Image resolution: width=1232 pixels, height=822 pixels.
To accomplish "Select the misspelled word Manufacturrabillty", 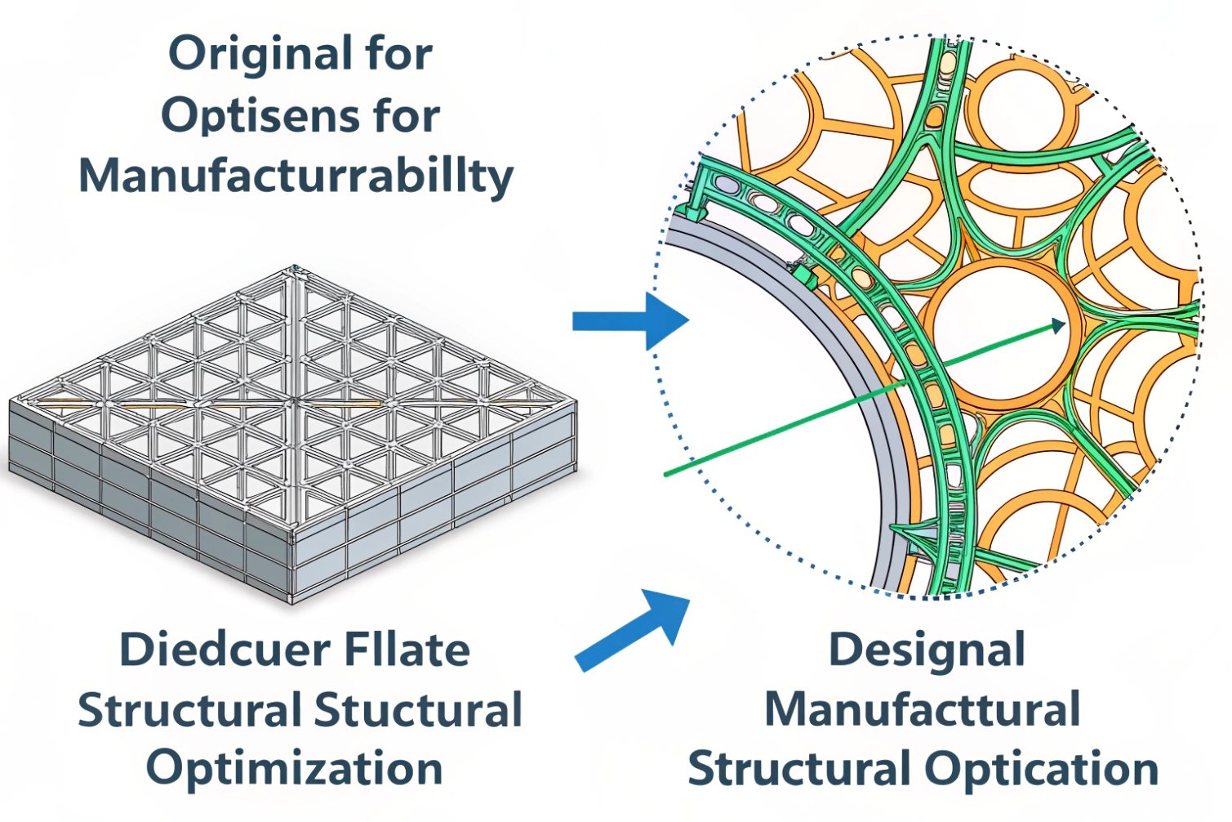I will pos(296,175).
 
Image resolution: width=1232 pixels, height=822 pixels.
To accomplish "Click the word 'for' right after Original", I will pos(400,55).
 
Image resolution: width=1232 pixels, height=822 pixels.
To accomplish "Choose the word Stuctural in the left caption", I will pos(418,710).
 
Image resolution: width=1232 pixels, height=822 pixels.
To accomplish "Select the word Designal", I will pos(927,650).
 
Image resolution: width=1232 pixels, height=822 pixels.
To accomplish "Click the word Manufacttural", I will pos(923,710).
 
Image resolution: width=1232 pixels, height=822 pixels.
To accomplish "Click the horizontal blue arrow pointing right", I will pos(629,321).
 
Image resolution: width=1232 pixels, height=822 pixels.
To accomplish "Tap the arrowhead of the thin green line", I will pos(1059,326).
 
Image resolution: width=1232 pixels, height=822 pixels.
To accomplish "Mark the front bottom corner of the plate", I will pos(292,602).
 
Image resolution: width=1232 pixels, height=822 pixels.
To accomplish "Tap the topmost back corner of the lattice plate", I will pos(294,267).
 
